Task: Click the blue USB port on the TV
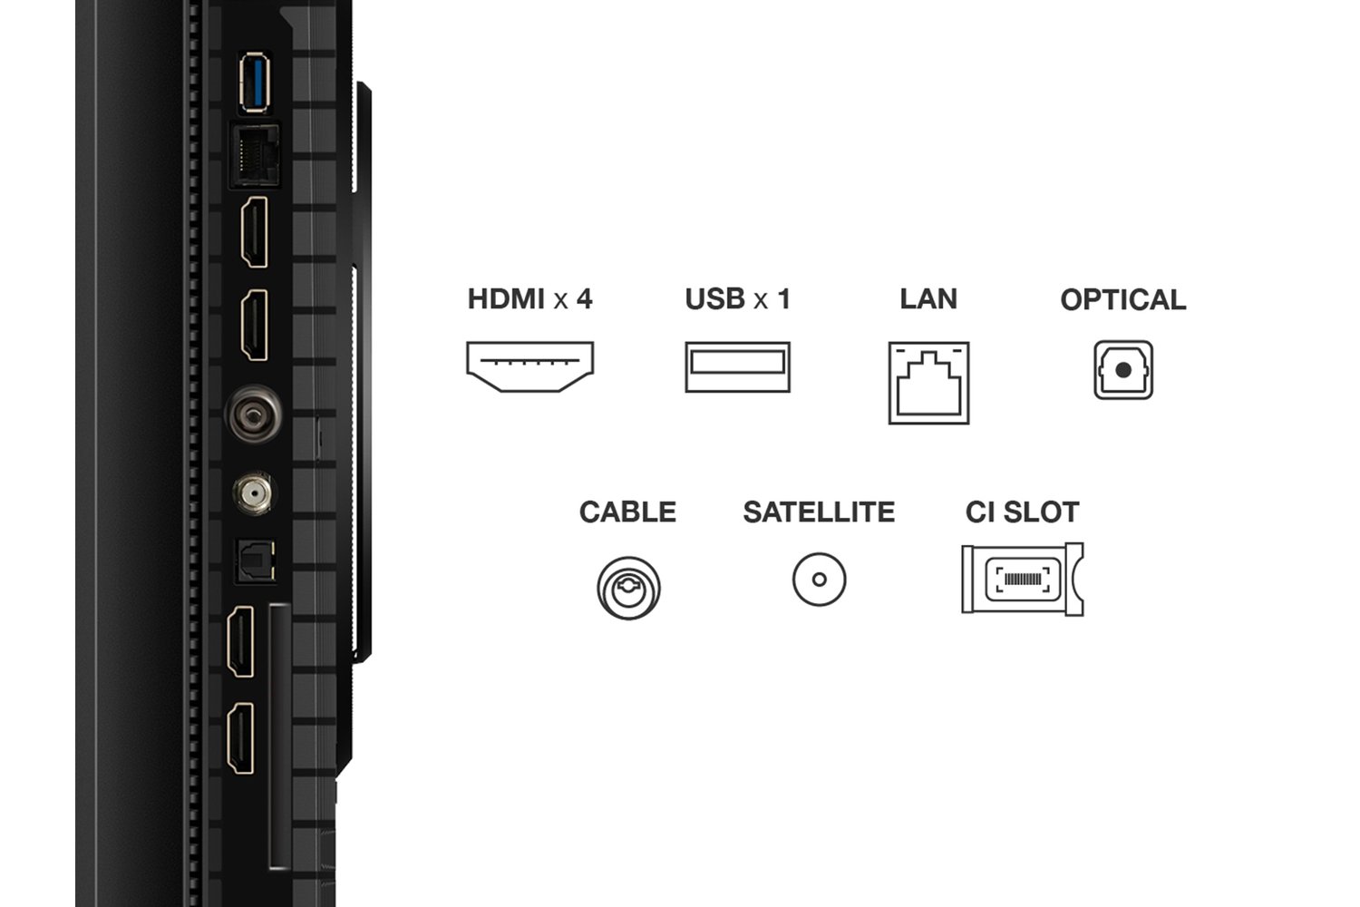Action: (x=257, y=83)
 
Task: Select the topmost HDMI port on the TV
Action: (x=254, y=233)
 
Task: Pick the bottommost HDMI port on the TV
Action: (x=241, y=739)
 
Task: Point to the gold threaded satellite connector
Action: (x=251, y=495)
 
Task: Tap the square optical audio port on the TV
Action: (x=254, y=561)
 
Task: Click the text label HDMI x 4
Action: (x=529, y=298)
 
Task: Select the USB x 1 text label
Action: (x=737, y=298)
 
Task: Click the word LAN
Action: (x=928, y=298)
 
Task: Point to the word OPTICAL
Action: (x=1122, y=299)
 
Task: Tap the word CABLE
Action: (x=627, y=512)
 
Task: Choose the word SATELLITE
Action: (x=819, y=512)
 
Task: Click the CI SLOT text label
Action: (x=1022, y=512)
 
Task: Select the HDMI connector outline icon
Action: (x=529, y=366)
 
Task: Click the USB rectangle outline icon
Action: (x=737, y=366)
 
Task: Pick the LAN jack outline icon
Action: (x=928, y=383)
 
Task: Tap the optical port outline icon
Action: (x=1123, y=370)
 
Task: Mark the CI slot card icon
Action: (x=1023, y=580)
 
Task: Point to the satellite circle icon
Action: (x=819, y=580)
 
